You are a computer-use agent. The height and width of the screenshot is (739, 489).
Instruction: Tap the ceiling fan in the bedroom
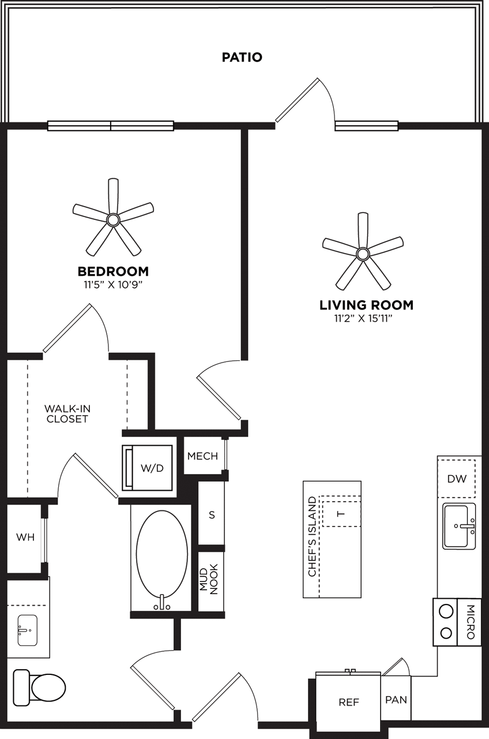coord(113,219)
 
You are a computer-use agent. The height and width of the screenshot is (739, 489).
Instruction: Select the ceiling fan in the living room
coord(362,253)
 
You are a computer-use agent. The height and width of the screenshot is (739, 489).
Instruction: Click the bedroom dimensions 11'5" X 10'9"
coord(113,284)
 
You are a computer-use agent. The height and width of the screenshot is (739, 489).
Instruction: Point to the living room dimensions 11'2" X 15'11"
coord(366,318)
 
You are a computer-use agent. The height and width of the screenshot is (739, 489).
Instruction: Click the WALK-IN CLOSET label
coord(67,413)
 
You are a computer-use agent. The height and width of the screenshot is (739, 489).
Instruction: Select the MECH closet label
coord(202,456)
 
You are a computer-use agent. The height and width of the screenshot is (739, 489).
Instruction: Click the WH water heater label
coord(25,538)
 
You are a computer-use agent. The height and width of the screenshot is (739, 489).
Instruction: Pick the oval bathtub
coord(162,554)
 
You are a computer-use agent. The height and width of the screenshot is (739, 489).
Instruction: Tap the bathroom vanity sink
coord(27,630)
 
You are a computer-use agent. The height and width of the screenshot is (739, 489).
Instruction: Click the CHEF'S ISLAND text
coord(313,536)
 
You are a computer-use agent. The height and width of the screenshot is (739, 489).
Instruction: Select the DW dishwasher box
coord(457,479)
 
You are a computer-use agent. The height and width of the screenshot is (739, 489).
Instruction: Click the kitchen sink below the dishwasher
coord(459,526)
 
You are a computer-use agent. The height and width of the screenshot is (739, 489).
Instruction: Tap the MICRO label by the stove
coord(470,622)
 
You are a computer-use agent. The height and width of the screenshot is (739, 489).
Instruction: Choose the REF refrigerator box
coord(348,702)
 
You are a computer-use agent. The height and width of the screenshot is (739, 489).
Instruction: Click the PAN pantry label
coord(396,700)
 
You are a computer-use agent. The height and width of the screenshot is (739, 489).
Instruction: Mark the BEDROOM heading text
coord(113,271)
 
